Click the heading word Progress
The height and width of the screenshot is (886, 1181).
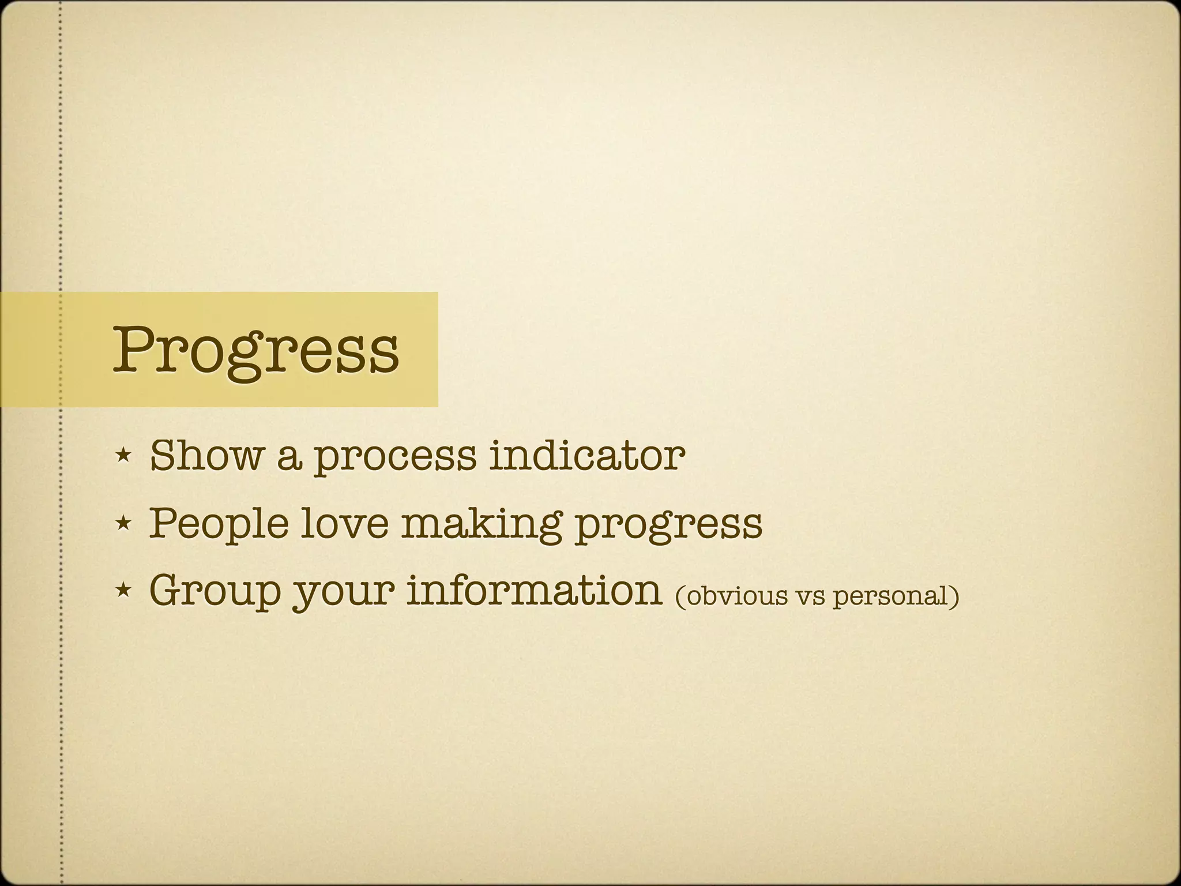(255, 350)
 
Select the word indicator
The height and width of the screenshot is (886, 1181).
(586, 456)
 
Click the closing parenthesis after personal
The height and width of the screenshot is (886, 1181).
(954, 596)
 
